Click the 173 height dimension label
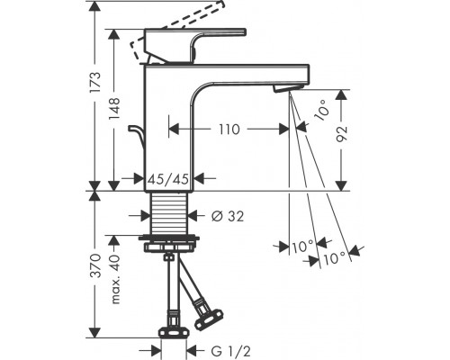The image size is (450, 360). pyautogui.click(x=95, y=83)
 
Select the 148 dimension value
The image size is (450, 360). pyautogui.click(x=114, y=109)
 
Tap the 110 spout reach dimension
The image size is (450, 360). pyautogui.click(x=229, y=130)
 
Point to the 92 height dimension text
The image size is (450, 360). pyautogui.click(x=341, y=134)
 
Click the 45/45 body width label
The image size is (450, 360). pyautogui.click(x=169, y=179)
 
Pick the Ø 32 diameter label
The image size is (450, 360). pyautogui.click(x=228, y=216)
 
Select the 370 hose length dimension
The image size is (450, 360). pyautogui.click(x=95, y=265)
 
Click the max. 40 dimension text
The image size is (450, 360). pyautogui.click(x=114, y=280)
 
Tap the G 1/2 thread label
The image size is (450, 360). pyautogui.click(x=230, y=351)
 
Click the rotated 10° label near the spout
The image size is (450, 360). pyautogui.click(x=321, y=110)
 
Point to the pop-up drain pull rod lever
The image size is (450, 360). pyautogui.click(x=137, y=137)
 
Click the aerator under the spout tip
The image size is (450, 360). pyautogui.click(x=288, y=88)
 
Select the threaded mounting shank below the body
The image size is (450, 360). pyautogui.click(x=169, y=212)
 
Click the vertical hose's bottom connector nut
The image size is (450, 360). pyautogui.click(x=174, y=333)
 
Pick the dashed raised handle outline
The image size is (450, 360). pyautogui.click(x=177, y=29)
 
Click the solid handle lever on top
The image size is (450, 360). pyautogui.click(x=195, y=46)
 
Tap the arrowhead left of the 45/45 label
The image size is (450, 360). pyautogui.click(x=138, y=179)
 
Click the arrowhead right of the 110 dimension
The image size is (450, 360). pyautogui.click(x=283, y=130)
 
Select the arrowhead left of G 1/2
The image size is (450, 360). pyautogui.click(x=156, y=350)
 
